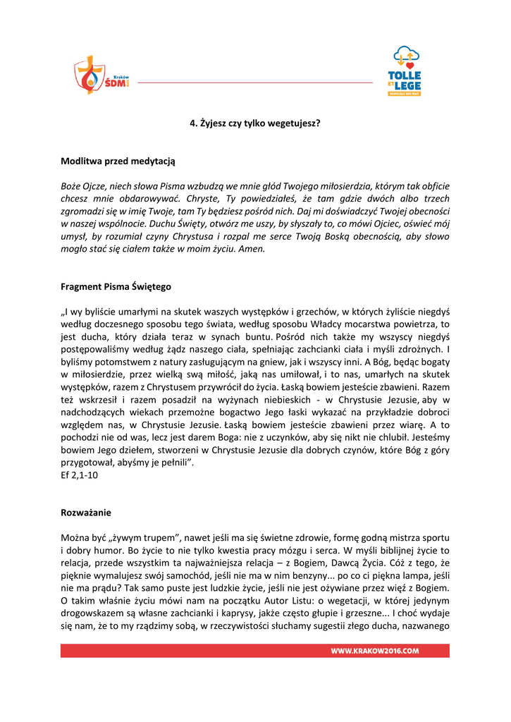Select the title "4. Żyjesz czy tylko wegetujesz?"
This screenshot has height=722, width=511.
pos(255,123)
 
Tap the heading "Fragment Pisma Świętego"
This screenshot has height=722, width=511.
pos(116,287)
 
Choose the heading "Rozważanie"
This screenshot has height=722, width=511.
pos(86,513)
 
